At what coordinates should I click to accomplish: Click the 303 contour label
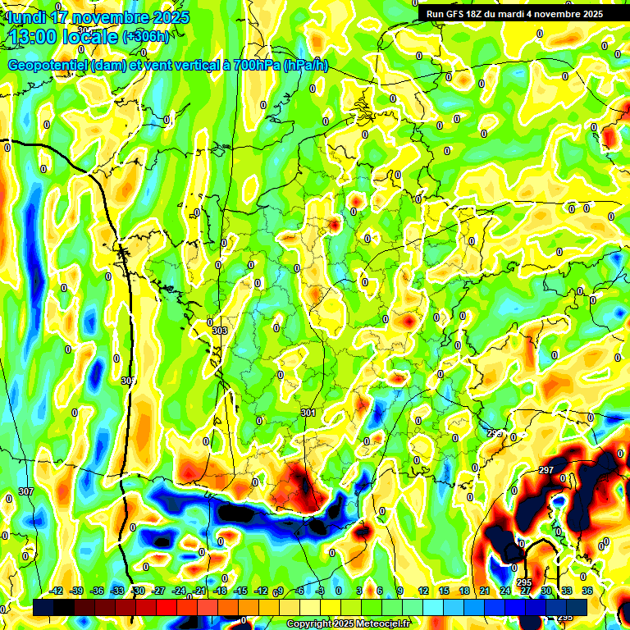219,331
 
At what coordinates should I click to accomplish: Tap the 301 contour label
308,413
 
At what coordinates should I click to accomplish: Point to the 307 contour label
25,491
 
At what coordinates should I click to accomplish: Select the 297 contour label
546,470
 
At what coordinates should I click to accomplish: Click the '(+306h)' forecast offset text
145,37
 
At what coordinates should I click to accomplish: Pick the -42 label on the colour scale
57,591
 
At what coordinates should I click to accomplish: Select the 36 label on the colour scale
587,591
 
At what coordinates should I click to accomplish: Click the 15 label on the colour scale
443,591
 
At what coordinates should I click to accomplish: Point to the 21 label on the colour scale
484,591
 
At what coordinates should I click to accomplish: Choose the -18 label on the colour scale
220,591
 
